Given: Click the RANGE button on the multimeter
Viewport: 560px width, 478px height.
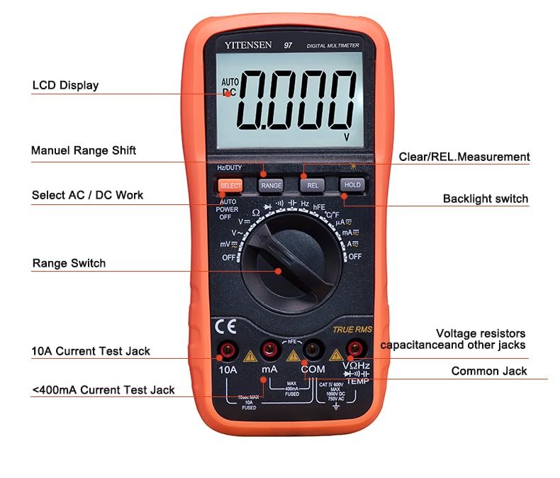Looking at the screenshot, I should pyautogui.click(x=271, y=185).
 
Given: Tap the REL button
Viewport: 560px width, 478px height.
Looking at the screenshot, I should pyautogui.click(x=311, y=185).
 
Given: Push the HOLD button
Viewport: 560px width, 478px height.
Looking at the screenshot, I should pyautogui.click(x=352, y=185).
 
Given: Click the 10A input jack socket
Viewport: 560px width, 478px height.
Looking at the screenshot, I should pyautogui.click(x=228, y=349).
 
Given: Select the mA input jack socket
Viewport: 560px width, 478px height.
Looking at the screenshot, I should pyautogui.click(x=269, y=349).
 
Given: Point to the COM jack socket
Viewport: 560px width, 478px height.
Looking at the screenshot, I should pyautogui.click(x=311, y=349).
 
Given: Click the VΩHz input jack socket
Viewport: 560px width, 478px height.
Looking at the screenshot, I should pyautogui.click(x=354, y=348).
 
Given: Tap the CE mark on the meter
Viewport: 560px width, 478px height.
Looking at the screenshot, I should pyautogui.click(x=226, y=326).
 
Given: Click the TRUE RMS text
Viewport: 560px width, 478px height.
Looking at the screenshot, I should pyautogui.click(x=352, y=329).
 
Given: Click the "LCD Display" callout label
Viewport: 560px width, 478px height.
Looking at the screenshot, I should pyautogui.click(x=65, y=86).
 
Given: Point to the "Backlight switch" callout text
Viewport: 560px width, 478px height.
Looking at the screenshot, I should pyautogui.click(x=486, y=199).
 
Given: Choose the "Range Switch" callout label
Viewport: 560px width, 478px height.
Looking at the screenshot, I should pyautogui.click(x=69, y=263).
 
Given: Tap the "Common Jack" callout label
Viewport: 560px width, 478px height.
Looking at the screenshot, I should pyautogui.click(x=489, y=371).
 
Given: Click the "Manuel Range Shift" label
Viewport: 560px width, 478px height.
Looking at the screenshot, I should pyautogui.click(x=84, y=150).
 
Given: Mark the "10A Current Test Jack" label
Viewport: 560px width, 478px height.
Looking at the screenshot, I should pyautogui.click(x=91, y=350).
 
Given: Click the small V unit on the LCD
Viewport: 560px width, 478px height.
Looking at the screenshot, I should pyautogui.click(x=347, y=136).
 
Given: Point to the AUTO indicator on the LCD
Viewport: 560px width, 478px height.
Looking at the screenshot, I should pyautogui.click(x=230, y=82).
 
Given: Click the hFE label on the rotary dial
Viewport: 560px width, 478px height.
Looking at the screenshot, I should pyautogui.click(x=319, y=206).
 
